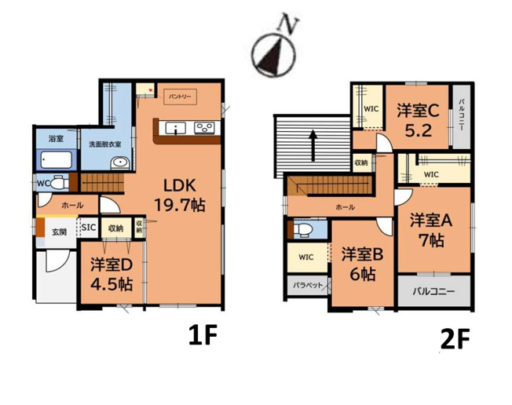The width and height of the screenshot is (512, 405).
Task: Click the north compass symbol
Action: tap(272, 53)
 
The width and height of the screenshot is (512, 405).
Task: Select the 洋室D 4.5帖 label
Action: tap(111, 275)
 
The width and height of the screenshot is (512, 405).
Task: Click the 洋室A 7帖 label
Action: tap(430, 228)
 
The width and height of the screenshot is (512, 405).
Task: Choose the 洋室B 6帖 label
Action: tap(361, 265)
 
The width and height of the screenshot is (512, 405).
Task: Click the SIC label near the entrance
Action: tap(88, 228)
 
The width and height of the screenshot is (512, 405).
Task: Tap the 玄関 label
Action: tap(59, 232)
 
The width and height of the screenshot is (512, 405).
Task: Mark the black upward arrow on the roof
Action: tap(313, 144)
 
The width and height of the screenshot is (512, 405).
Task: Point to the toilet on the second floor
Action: tap(305, 230)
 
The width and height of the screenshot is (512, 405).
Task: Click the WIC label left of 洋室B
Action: tap(306, 257)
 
